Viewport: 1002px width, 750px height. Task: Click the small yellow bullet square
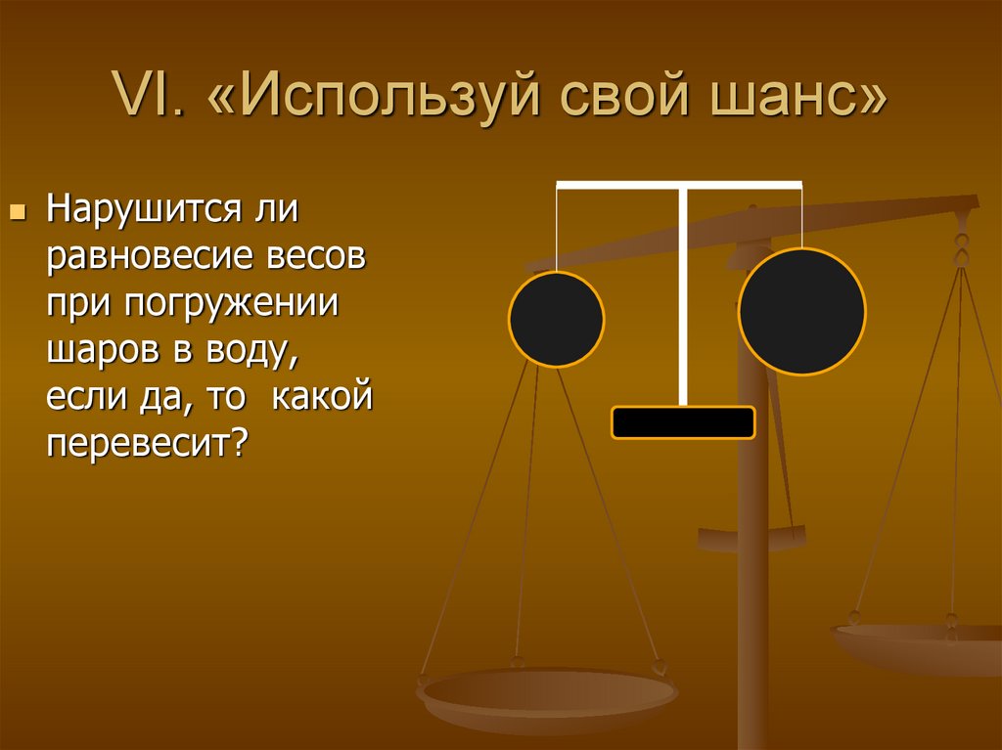(x=16, y=211)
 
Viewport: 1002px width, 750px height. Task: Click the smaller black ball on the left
(x=556, y=319)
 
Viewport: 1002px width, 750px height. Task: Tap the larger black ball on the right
(x=801, y=312)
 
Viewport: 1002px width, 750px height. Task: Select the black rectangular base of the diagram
(x=683, y=422)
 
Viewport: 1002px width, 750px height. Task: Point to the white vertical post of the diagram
(x=683, y=293)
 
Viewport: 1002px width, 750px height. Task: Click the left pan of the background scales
(x=548, y=696)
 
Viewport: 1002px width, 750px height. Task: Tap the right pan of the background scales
(x=920, y=645)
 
